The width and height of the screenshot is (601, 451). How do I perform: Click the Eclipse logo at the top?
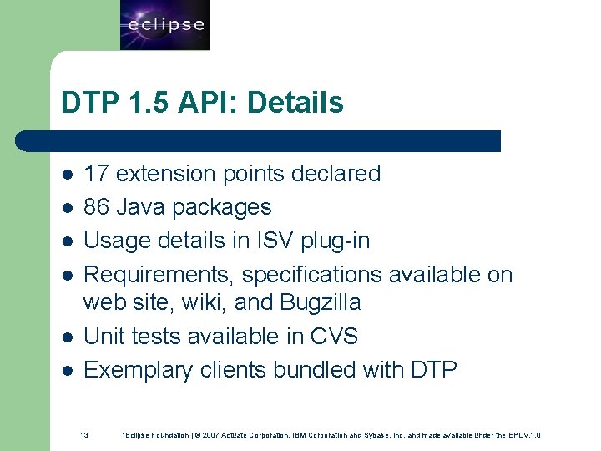(x=165, y=25)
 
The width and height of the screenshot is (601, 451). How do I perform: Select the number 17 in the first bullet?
(x=97, y=174)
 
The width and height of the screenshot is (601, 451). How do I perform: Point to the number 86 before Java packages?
(x=97, y=207)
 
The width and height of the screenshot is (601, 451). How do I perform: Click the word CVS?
(x=333, y=336)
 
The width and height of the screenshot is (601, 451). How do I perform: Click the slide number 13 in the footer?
(x=84, y=435)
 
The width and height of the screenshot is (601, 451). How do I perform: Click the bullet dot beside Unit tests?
(x=67, y=337)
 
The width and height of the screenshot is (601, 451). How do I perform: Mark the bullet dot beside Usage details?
(x=67, y=241)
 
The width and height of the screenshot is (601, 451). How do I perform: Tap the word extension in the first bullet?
(x=166, y=174)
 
